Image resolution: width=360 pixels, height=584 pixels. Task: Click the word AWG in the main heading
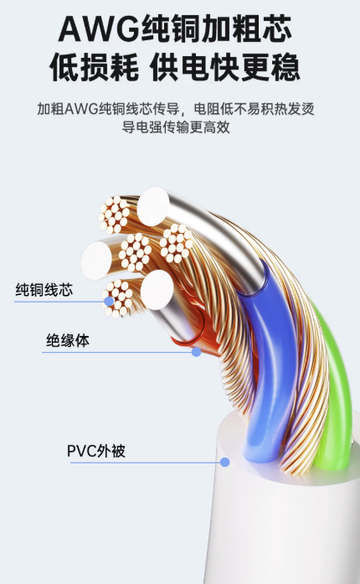(x=100, y=28)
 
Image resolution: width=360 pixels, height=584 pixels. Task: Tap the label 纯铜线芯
(x=44, y=290)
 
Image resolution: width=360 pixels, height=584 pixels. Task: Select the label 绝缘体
(x=67, y=340)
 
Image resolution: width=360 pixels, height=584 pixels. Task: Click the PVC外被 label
(x=96, y=451)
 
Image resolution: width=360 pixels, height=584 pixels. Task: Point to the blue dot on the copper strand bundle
(x=109, y=302)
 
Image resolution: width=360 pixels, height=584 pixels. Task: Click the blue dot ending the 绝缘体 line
(x=196, y=352)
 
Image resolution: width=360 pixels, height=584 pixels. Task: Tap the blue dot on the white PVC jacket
(x=224, y=463)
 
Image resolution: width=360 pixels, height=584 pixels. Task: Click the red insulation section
(x=193, y=328)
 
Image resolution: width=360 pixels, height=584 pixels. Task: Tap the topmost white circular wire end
(x=153, y=206)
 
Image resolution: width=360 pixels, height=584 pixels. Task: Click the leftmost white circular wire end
(x=96, y=261)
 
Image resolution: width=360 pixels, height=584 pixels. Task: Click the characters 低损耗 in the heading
(x=94, y=67)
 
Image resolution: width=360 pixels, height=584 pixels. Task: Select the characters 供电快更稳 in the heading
(x=225, y=67)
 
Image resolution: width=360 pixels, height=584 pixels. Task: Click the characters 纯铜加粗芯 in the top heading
(x=217, y=28)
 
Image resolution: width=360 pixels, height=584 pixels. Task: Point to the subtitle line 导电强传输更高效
(x=176, y=127)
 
